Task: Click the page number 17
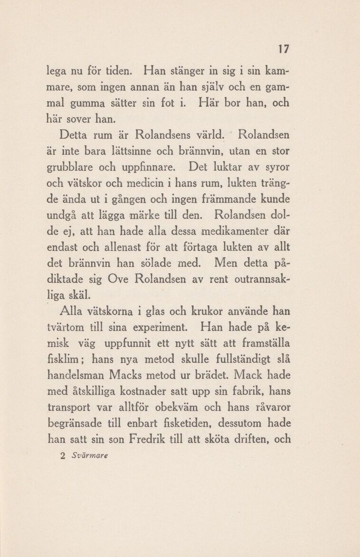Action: [284, 50]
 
